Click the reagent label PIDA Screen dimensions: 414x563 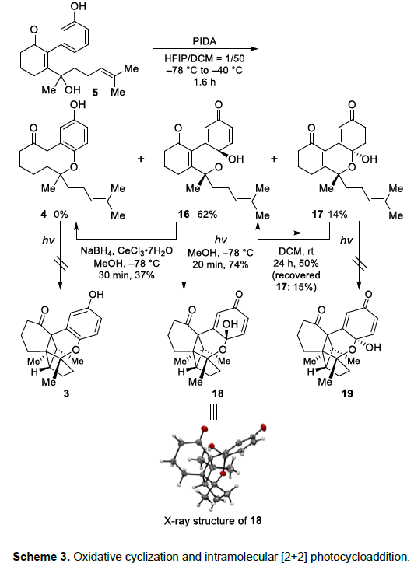(x=205, y=41)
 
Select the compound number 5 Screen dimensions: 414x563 (x=95, y=93)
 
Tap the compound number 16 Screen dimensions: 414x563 (x=184, y=214)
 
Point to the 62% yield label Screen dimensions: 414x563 (x=207, y=214)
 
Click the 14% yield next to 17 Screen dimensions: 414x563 (x=337, y=214)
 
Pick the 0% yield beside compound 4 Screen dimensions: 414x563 (x=61, y=214)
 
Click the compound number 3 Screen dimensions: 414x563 (x=66, y=393)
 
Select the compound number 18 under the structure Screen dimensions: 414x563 (x=218, y=393)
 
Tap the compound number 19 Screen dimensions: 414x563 (x=347, y=393)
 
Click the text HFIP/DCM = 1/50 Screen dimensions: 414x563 (x=205, y=58)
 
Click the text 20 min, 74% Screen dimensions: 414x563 (x=220, y=264)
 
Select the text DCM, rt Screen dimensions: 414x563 (x=296, y=251)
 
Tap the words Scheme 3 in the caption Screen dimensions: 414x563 (x=41, y=556)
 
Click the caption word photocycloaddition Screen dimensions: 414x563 (x=360, y=556)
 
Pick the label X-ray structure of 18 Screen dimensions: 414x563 (x=212, y=520)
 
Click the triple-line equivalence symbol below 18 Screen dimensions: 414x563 (x=213, y=412)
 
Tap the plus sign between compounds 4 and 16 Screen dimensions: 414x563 (x=141, y=159)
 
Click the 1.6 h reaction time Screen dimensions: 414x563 (x=205, y=82)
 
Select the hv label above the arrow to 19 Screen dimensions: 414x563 (x=346, y=240)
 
